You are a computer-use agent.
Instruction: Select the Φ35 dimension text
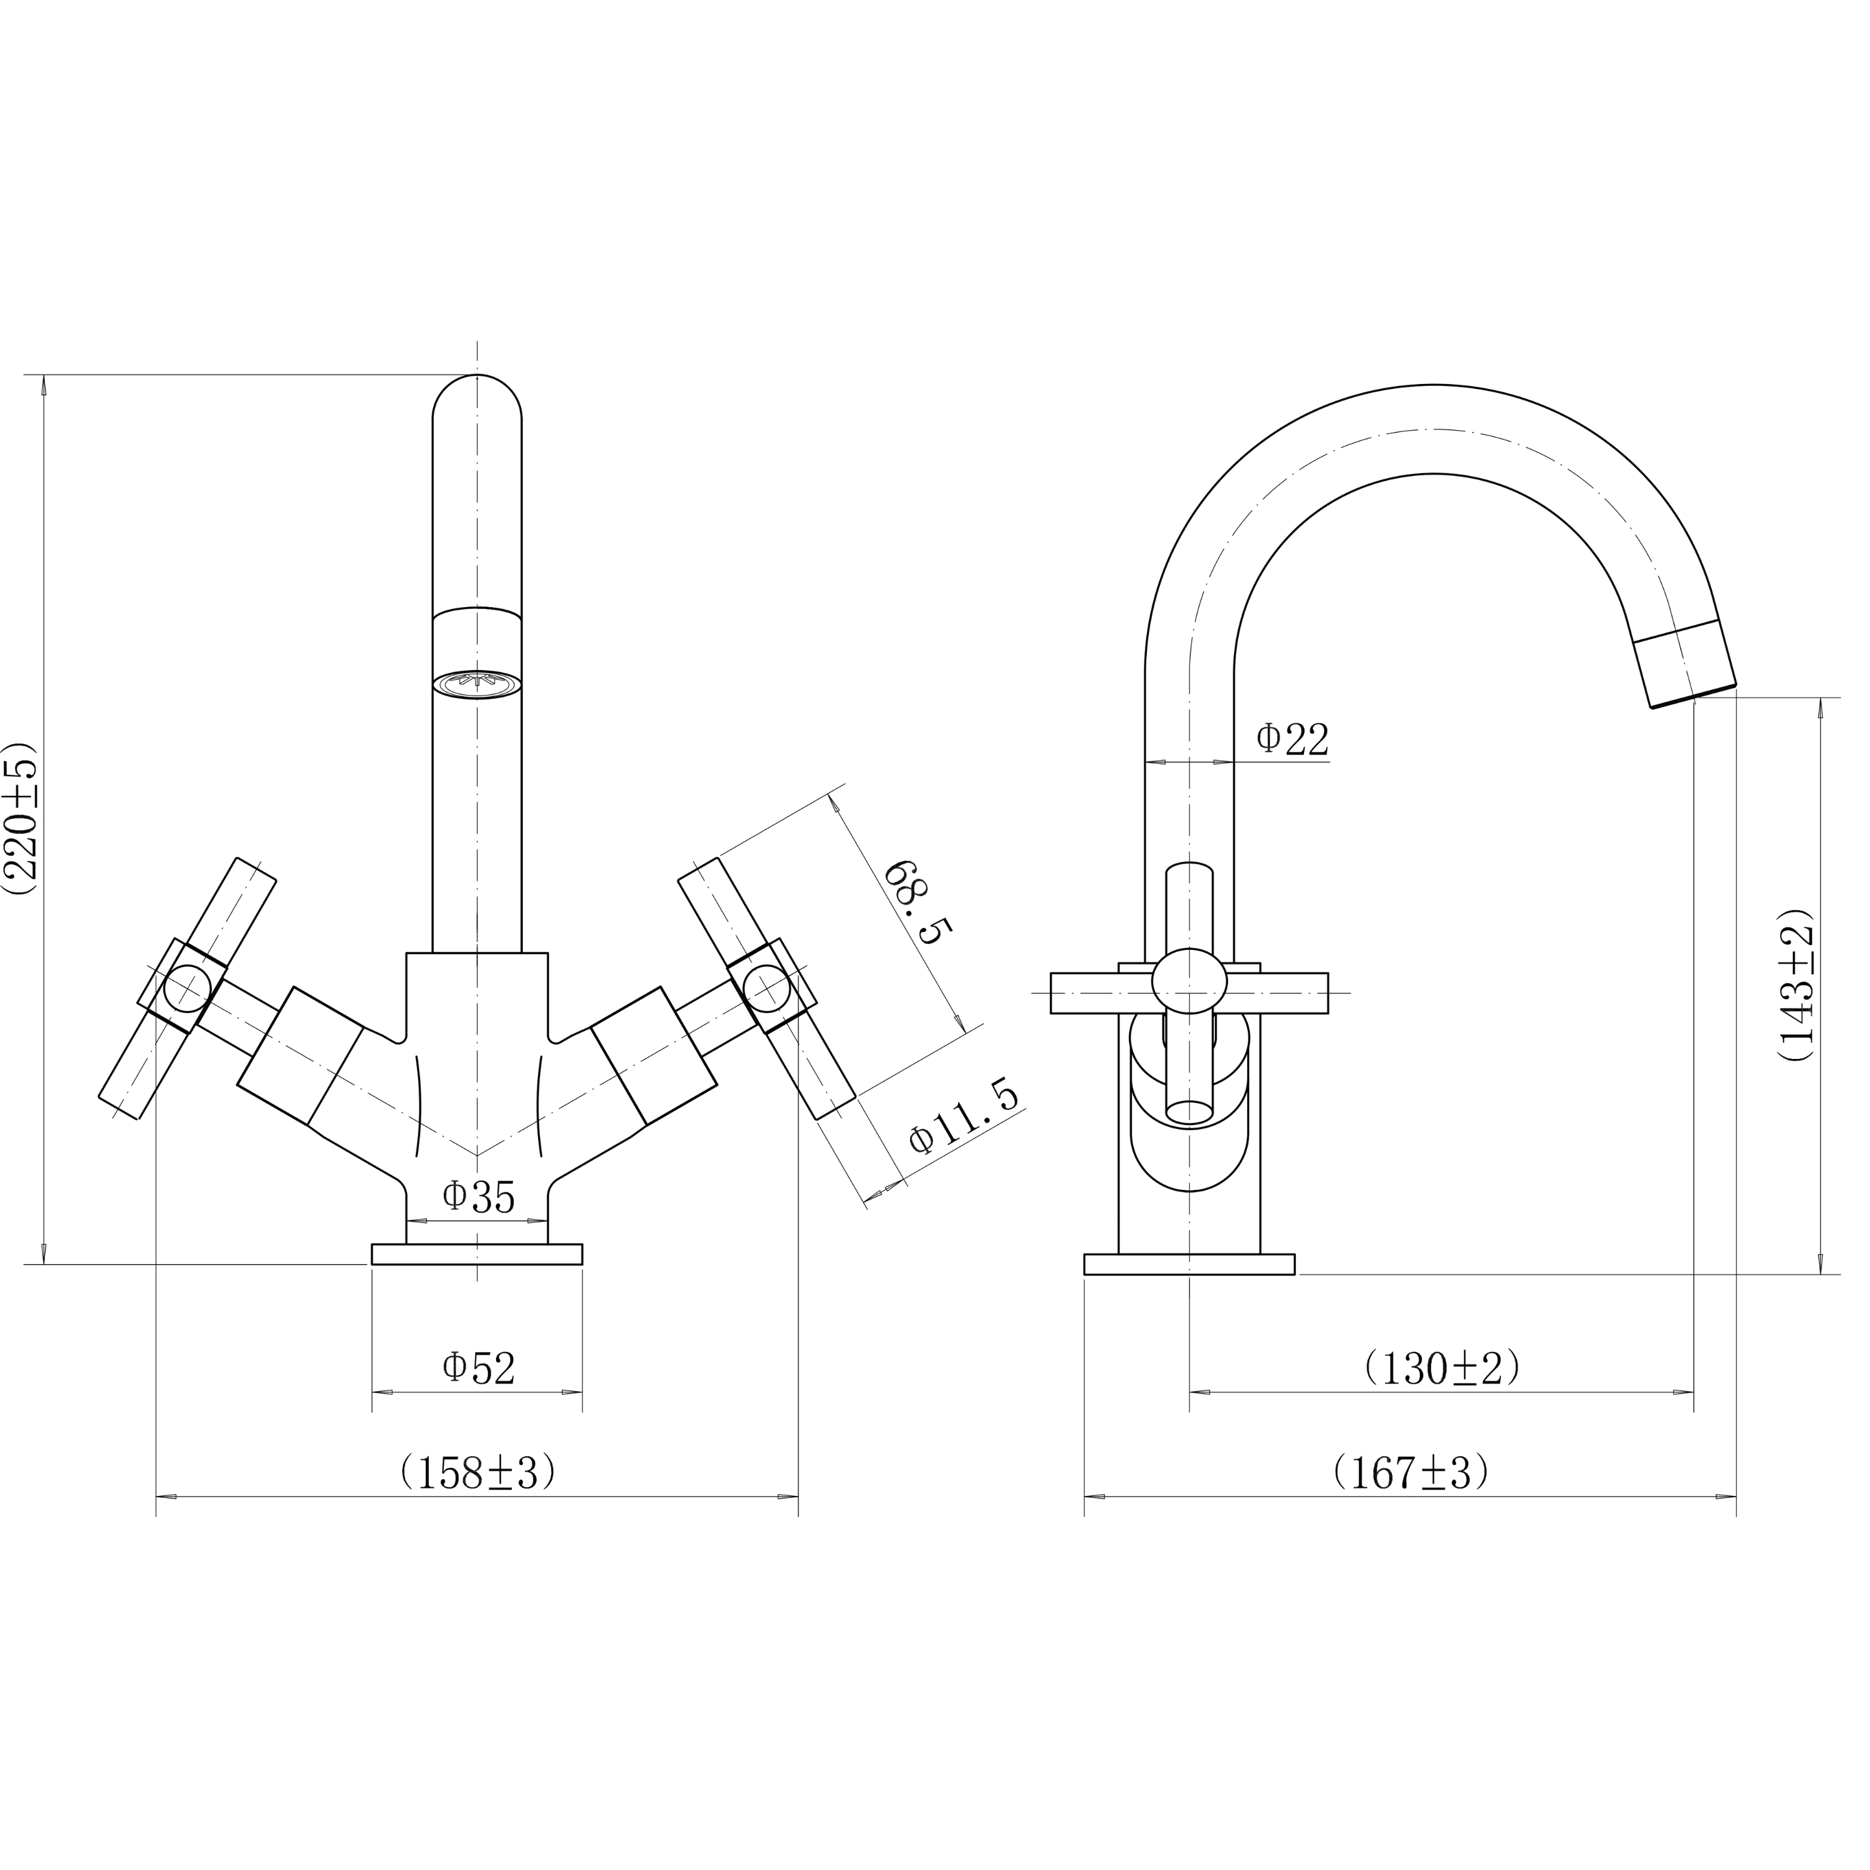click(478, 1197)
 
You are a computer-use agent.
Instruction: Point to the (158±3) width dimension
click(478, 1473)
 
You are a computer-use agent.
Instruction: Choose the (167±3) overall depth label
click(1410, 1473)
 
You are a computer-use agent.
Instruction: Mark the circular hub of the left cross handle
click(187, 989)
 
